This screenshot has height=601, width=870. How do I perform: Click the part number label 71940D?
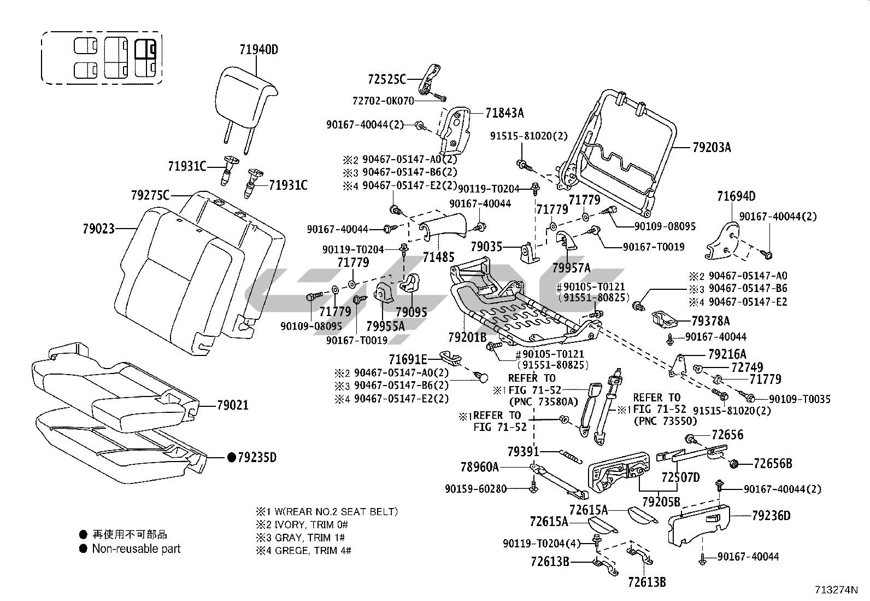point(258,50)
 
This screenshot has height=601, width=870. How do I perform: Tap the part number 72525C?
point(387,79)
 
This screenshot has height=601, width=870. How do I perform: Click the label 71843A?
point(504,113)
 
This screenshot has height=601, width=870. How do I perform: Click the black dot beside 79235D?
point(231,457)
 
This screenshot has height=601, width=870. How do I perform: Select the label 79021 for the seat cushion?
point(232,405)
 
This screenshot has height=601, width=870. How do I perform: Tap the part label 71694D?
point(736,196)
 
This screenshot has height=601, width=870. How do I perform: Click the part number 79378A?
point(710,321)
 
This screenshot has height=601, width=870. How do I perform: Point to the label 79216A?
point(727,354)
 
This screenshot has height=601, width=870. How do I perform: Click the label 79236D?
point(771,515)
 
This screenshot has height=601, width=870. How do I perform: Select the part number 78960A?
point(479,466)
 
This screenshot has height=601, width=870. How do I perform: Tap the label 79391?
point(523,452)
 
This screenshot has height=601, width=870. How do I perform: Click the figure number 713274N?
point(836,590)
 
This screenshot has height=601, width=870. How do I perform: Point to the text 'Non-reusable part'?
point(136,549)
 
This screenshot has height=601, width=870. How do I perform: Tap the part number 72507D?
point(680,477)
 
